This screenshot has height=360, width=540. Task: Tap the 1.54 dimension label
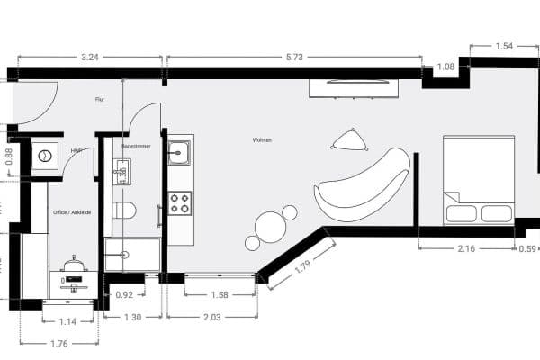coord(504,44)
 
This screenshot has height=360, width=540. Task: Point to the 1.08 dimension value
coord(445,66)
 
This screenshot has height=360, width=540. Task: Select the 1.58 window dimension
coord(219,294)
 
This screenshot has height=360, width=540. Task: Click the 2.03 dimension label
coord(212,317)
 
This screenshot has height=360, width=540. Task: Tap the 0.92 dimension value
coord(124,294)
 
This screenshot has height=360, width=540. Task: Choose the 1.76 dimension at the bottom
coord(58,342)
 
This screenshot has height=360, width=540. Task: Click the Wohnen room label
coord(262,140)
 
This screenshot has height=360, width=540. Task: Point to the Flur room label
coord(100,100)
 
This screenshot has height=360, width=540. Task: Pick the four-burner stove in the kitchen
coord(180,202)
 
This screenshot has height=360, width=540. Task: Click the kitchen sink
coord(180,151)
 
